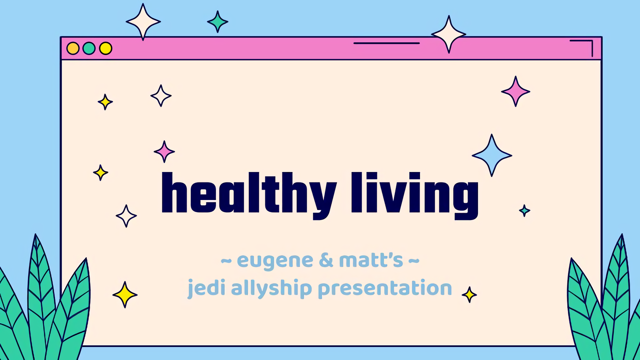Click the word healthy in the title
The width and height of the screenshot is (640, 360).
(x=248, y=194)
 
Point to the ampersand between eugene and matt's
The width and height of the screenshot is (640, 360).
(x=326, y=260)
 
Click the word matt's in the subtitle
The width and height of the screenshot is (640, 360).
(x=371, y=260)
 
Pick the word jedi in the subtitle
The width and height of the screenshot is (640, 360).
(x=207, y=288)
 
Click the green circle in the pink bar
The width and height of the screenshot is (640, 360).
(x=89, y=48)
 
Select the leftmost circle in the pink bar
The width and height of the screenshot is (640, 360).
(x=73, y=48)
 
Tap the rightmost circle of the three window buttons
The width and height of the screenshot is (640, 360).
(x=105, y=48)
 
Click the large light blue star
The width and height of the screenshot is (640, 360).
(x=492, y=155)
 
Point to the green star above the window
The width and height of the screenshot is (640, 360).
(x=217, y=22)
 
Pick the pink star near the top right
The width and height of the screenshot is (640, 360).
(x=515, y=91)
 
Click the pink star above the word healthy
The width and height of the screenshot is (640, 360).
(x=164, y=151)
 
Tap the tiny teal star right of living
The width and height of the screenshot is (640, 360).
(x=525, y=210)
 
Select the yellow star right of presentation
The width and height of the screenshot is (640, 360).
(x=469, y=295)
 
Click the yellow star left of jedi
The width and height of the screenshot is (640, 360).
(x=125, y=295)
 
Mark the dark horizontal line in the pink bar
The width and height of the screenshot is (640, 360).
(x=386, y=43)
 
